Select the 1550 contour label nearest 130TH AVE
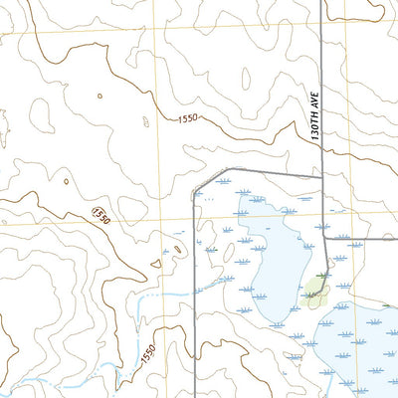point(189,119)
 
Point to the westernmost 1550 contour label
point(99,215)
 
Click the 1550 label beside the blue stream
point(149,354)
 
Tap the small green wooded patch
point(316,290)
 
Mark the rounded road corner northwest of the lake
point(198,180)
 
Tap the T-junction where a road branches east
point(327,240)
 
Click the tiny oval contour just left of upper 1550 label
point(146,122)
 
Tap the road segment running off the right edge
point(368,240)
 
